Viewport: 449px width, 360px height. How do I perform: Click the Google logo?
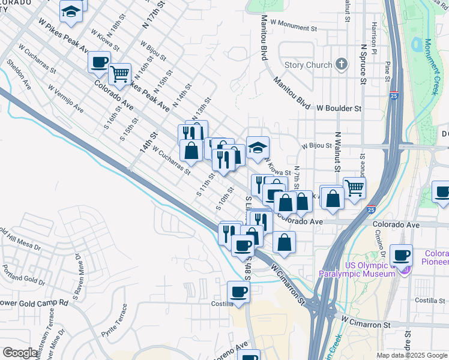(20, 353)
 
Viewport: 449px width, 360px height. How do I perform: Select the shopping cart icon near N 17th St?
(120, 74)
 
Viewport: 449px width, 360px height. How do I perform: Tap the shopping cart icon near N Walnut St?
(354, 187)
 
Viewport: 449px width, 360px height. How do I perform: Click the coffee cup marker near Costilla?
(239, 292)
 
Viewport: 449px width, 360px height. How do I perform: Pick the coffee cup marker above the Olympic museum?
(401, 254)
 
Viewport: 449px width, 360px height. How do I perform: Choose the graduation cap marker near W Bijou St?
(258, 148)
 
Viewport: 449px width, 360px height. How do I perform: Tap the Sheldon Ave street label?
(18, 74)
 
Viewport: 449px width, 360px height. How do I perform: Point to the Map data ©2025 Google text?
(411, 355)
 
